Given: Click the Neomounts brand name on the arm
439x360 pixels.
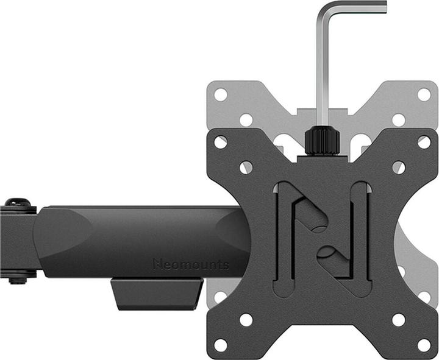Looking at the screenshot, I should [191, 264].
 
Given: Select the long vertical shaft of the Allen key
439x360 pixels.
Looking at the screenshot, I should [321, 73].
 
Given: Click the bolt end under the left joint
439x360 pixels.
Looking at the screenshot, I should [18, 280].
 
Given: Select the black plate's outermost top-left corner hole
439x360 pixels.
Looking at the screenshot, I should [221, 142].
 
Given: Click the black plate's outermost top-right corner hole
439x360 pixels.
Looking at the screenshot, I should [424, 142].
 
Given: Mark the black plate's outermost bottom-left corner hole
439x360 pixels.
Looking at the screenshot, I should [221, 345].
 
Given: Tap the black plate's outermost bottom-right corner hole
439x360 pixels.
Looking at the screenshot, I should [424, 345].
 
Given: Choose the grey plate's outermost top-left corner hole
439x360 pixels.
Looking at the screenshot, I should [221, 94].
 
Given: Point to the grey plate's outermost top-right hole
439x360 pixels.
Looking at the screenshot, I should [424, 94].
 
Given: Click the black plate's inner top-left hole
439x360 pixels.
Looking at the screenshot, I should [246, 167].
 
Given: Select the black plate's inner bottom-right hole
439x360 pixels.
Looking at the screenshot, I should [398, 319].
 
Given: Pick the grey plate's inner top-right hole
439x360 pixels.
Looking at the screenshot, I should [398, 119].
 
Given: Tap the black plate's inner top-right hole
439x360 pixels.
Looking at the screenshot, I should [398, 167].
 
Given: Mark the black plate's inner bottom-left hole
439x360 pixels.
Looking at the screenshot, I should [246, 319].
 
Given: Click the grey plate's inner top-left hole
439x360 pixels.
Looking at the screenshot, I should [246, 119].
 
